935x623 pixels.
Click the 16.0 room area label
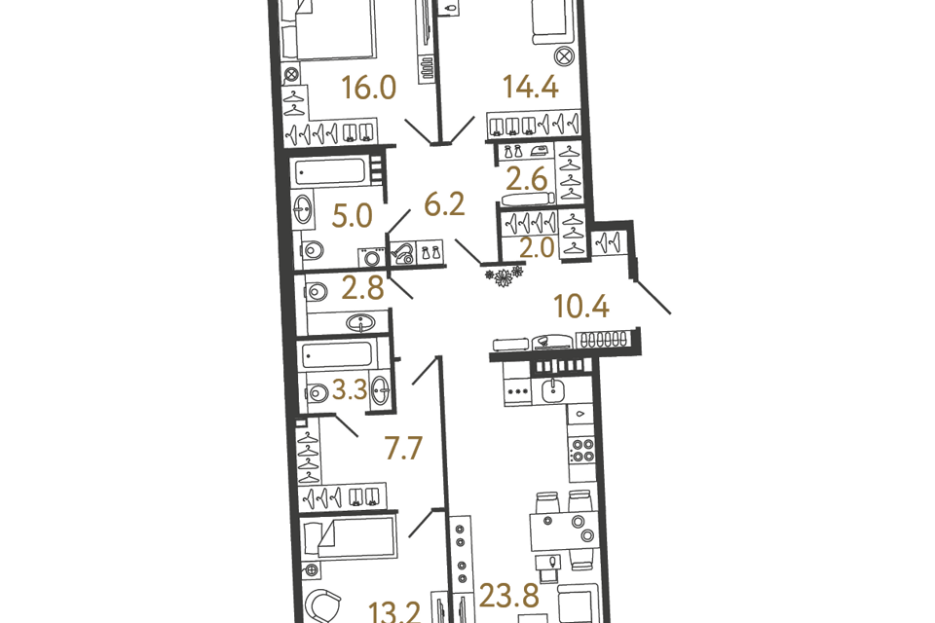(x=369, y=88)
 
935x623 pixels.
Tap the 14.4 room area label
(x=531, y=87)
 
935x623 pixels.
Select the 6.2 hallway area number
(x=444, y=204)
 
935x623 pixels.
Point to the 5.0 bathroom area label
(x=352, y=216)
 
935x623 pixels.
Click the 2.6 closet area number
(x=527, y=179)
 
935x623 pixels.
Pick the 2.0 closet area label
(x=538, y=247)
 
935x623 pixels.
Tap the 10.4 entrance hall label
(x=581, y=307)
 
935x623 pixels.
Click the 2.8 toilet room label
(x=362, y=288)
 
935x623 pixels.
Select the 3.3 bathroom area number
(x=350, y=390)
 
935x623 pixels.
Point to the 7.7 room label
(x=403, y=448)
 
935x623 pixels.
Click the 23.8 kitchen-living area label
(x=509, y=596)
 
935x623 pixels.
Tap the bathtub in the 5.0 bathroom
(x=330, y=171)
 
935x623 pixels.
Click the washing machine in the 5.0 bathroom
(x=373, y=258)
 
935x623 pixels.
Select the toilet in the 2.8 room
(x=317, y=292)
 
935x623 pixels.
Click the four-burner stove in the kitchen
(x=581, y=451)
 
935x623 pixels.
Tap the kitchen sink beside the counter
(x=554, y=390)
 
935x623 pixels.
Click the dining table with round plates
(x=564, y=531)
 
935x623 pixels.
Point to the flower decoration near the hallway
(x=504, y=276)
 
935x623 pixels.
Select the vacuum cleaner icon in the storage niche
(x=402, y=253)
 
